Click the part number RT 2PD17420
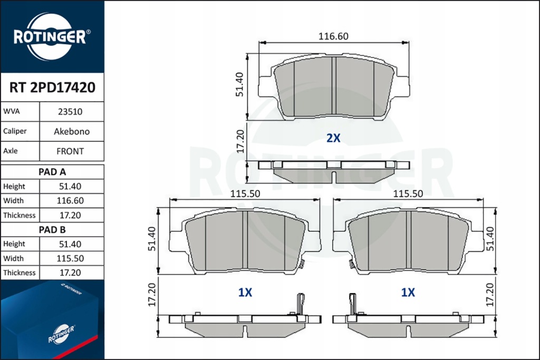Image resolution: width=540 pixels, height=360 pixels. (52, 87)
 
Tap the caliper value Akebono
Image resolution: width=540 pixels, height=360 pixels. (72, 131)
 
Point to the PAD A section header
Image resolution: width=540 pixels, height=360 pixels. (52, 172)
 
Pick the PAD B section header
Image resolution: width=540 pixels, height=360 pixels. (52, 229)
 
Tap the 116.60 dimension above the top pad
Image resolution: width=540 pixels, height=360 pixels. (333, 36)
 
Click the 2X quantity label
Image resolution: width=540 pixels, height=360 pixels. (333, 138)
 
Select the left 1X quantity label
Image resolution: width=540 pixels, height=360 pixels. (245, 293)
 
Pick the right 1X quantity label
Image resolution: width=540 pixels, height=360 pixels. (408, 293)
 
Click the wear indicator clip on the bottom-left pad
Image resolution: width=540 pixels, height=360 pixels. (301, 304)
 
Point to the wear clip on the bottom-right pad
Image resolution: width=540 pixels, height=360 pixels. (352, 304)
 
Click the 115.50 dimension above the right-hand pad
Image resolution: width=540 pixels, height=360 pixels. (408, 194)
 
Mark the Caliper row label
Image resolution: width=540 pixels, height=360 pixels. (15, 131)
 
